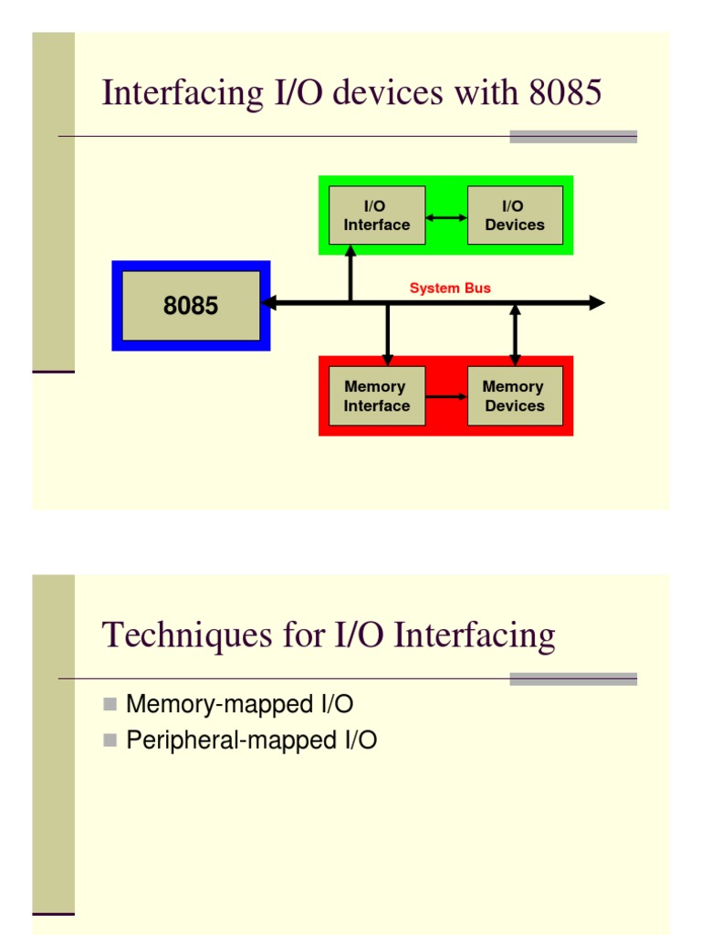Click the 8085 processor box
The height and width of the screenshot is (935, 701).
191,306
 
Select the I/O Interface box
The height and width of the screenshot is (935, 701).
376,215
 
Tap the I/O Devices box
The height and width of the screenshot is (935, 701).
515,215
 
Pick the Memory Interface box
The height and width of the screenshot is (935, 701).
376,396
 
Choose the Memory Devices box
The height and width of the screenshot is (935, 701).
515,396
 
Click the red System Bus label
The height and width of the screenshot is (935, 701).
450,289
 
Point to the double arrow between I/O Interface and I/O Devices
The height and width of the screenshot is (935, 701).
446,217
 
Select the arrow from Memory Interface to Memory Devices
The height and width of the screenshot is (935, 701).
446,397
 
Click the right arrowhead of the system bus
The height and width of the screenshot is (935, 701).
597,303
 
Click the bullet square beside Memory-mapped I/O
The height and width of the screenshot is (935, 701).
110,704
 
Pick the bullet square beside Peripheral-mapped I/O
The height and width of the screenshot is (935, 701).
110,741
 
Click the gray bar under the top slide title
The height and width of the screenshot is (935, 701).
572,137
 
